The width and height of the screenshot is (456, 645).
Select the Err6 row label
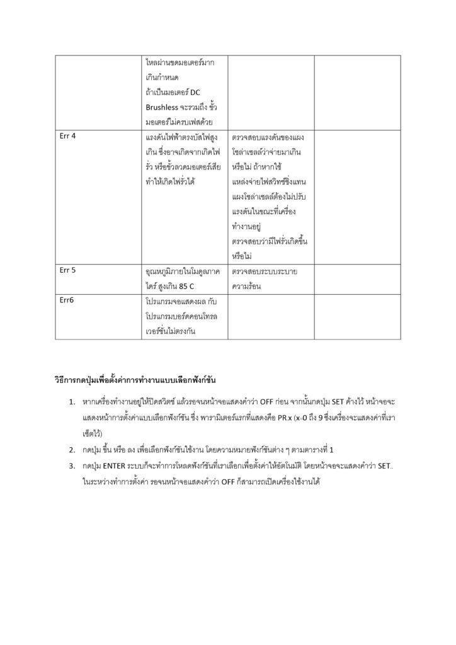[x=66, y=300]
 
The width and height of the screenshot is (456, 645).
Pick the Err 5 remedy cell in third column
[x=265, y=279]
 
